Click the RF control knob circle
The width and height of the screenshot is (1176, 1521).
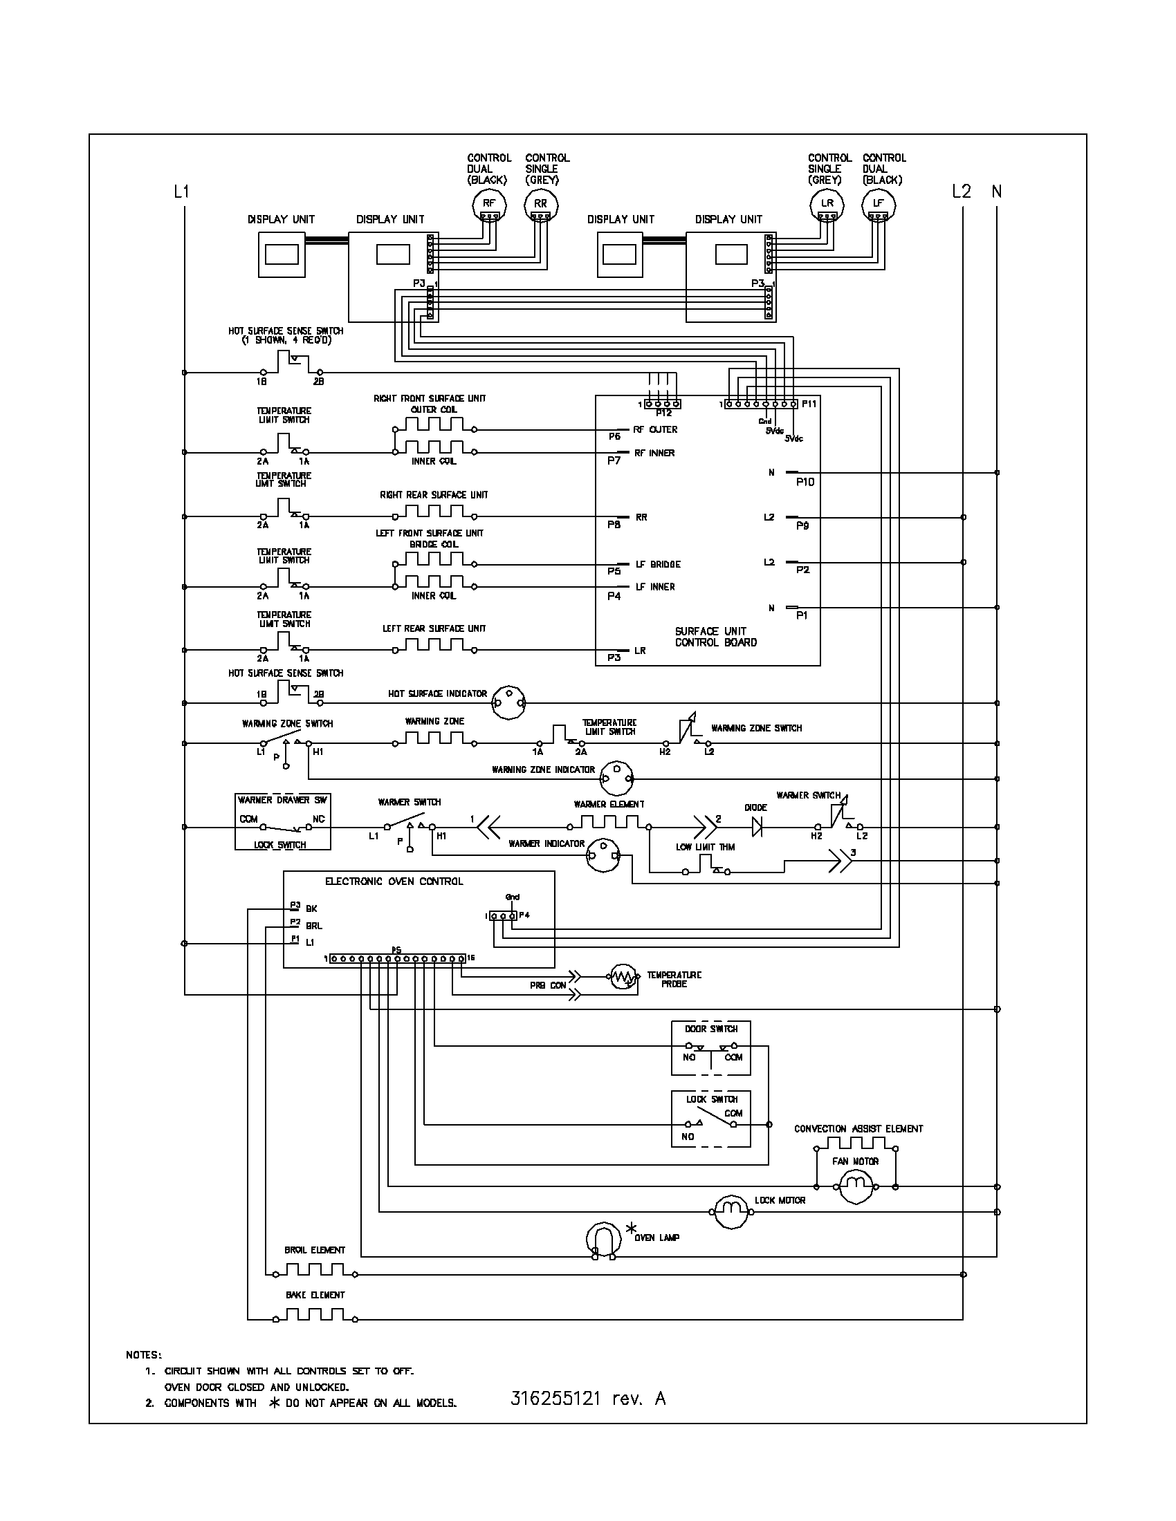(x=488, y=204)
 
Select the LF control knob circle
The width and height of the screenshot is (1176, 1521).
(x=878, y=204)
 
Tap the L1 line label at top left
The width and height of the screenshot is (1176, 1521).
(x=181, y=191)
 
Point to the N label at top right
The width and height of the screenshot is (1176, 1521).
(x=997, y=191)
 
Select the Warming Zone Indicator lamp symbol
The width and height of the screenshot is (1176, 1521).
(x=616, y=777)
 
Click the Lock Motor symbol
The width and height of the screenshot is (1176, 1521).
(x=729, y=1211)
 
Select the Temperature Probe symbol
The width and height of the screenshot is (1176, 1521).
(x=624, y=978)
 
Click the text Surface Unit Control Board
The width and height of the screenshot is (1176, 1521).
(x=715, y=637)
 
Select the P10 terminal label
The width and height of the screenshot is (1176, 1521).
(x=805, y=482)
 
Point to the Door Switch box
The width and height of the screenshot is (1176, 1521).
(x=710, y=1047)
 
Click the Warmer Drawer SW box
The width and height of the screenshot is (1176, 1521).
(x=283, y=821)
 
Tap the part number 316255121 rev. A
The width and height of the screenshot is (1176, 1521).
(x=587, y=1399)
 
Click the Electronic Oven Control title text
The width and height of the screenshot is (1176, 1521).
(x=394, y=881)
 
